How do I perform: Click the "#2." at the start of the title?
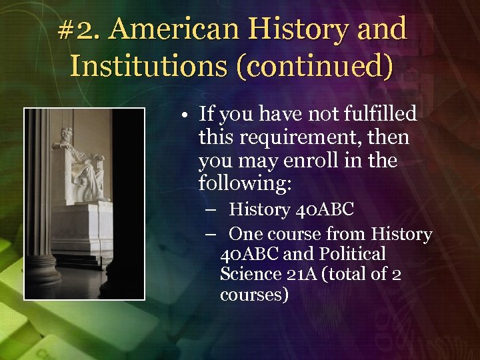[79, 29]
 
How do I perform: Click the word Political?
[354, 254]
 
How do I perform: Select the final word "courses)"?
[254, 294]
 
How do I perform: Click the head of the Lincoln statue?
[67, 133]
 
